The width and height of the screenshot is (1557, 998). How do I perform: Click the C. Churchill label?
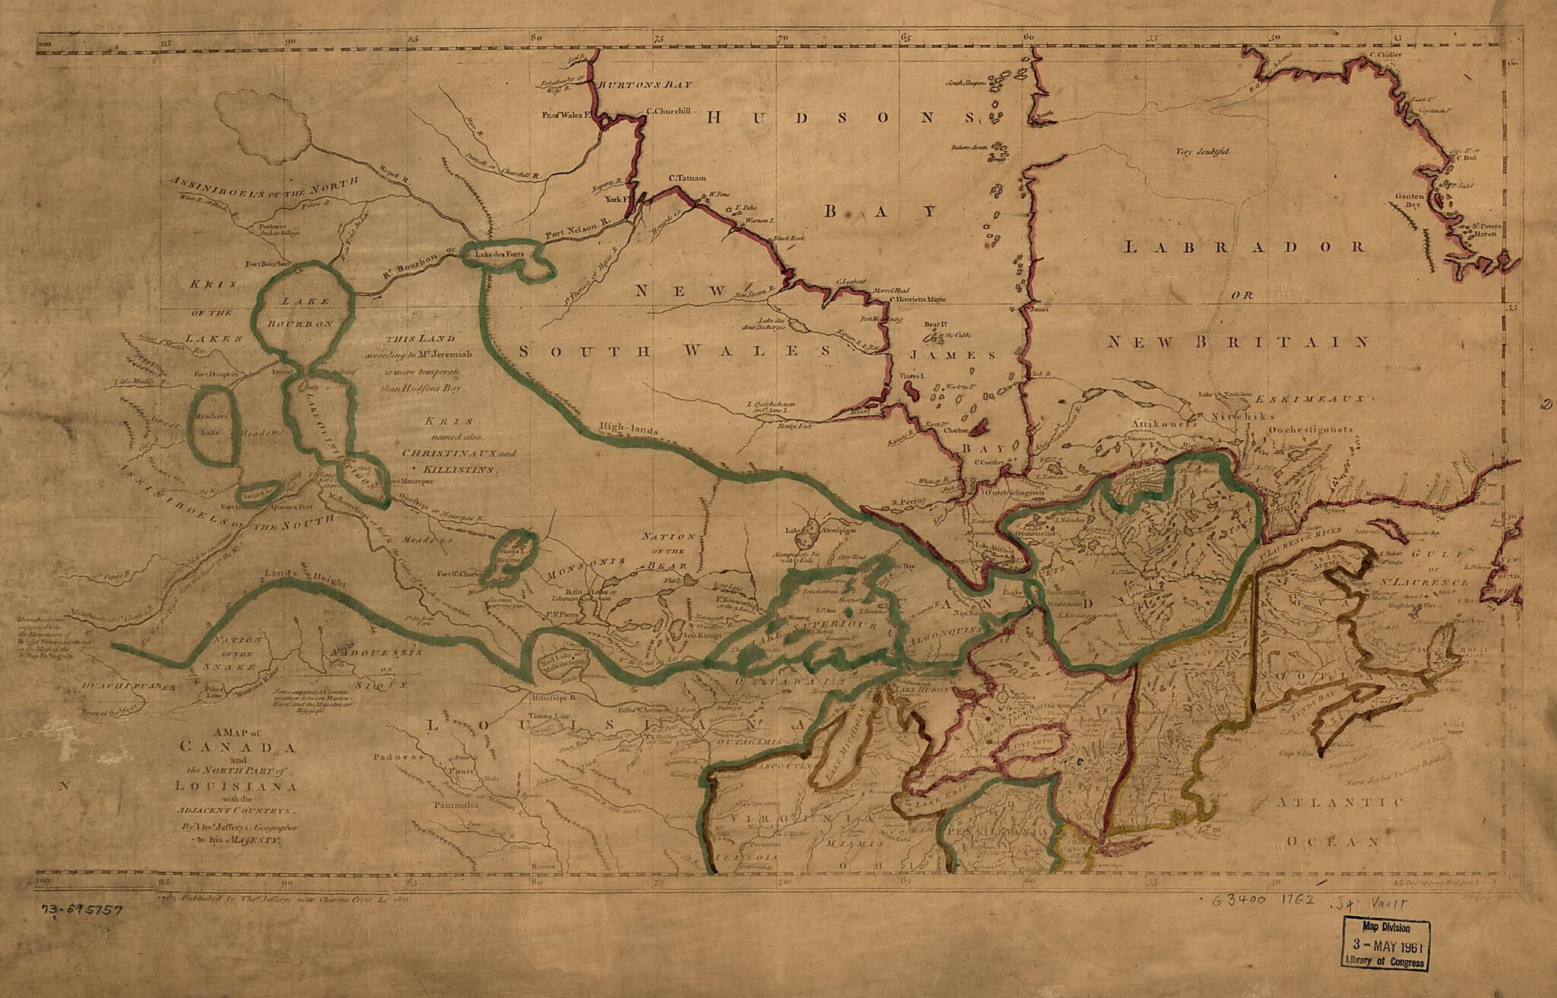[668, 111]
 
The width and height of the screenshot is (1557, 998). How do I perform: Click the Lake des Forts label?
[499, 255]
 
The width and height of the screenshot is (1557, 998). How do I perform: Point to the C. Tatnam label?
[687, 179]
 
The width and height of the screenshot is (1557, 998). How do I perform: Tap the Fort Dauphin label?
[216, 374]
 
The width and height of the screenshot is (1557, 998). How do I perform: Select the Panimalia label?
[456, 804]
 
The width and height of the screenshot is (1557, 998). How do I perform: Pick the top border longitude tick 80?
[536, 36]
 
